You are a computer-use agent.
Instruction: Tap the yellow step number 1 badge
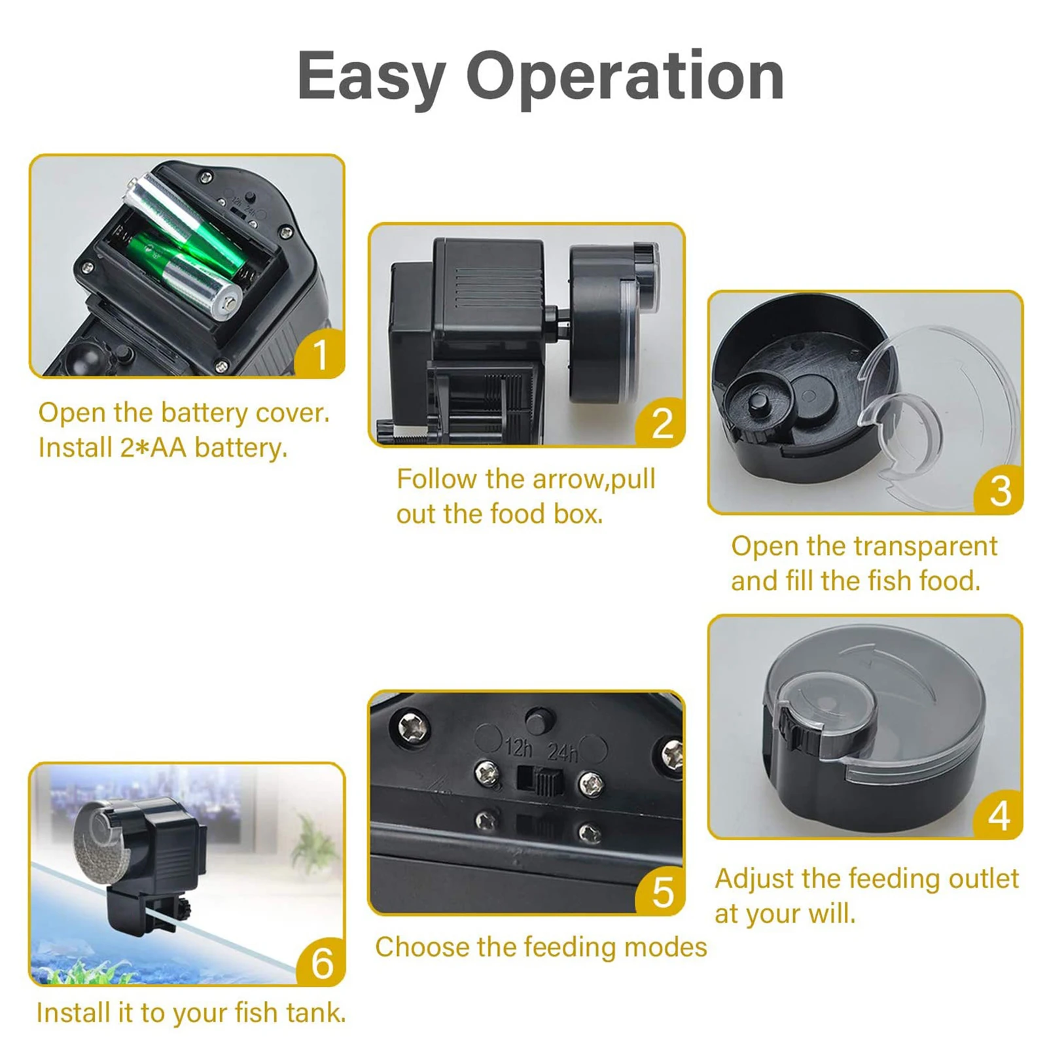pyautogui.click(x=319, y=353)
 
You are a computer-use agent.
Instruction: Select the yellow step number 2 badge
pyautogui.click(x=661, y=423)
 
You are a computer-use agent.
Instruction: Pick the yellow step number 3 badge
pyautogui.click(x=999, y=490)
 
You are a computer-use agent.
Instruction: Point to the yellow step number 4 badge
pyautogui.click(x=998, y=815)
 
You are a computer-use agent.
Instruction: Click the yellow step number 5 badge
pyautogui.click(x=661, y=891)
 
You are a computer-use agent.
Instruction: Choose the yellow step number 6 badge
pyautogui.click(x=321, y=962)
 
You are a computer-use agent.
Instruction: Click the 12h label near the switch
pyautogui.click(x=519, y=747)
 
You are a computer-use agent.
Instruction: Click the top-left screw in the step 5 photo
pyautogui.click(x=414, y=727)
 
